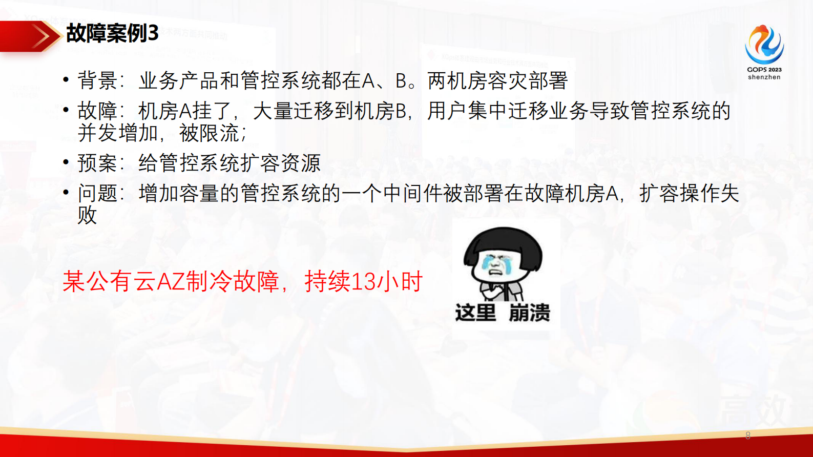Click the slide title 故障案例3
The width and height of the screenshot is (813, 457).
click(x=112, y=34)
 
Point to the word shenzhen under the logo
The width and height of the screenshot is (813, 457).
click(x=764, y=77)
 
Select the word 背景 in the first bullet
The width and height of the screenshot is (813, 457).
click(x=97, y=81)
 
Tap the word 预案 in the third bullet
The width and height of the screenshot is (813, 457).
click(x=97, y=163)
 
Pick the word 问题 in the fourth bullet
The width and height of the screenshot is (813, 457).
click(x=97, y=194)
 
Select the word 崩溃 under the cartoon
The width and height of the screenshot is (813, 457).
click(x=529, y=313)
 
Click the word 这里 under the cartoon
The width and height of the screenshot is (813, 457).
click(x=475, y=313)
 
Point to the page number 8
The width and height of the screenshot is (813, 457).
click(x=748, y=435)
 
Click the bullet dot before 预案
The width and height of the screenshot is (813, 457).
click(x=66, y=162)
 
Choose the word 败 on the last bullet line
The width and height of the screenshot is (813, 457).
click(x=87, y=215)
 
